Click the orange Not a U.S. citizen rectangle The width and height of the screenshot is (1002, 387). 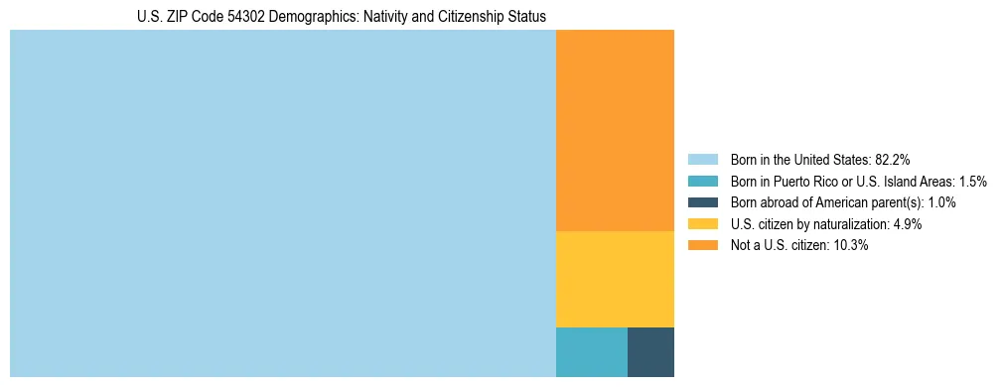click(x=615, y=130)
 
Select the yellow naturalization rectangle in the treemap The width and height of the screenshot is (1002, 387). click(x=615, y=279)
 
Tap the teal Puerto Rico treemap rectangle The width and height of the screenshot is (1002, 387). click(x=591, y=351)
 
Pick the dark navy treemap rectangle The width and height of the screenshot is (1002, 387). click(x=650, y=351)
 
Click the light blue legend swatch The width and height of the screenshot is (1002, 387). click(x=702, y=160)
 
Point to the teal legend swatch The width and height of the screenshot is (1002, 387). click(x=702, y=182)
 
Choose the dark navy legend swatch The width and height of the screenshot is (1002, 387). click(x=702, y=202)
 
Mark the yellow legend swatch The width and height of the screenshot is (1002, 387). click(x=702, y=224)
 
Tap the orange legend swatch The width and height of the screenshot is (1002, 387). click(x=702, y=245)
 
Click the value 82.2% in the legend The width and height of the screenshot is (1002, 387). click(x=893, y=160)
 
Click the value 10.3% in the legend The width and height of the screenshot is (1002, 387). click(x=851, y=245)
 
